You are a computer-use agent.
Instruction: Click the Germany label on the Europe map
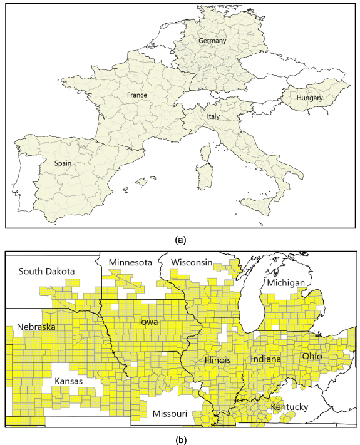(212, 41)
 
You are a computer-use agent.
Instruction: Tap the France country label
(136, 95)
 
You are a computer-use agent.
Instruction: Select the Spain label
(62, 163)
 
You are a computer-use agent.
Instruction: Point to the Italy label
(213, 116)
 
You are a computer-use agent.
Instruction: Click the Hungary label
(310, 98)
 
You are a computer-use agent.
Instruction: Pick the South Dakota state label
(46, 271)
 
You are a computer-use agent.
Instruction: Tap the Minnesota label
(130, 262)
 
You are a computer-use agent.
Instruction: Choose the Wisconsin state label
(191, 262)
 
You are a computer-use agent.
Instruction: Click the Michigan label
(285, 283)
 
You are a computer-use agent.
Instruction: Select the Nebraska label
(36, 327)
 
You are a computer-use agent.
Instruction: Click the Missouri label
(168, 414)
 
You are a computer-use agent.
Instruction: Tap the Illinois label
(217, 360)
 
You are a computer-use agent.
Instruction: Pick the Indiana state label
(265, 359)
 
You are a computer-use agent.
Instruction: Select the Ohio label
(312, 355)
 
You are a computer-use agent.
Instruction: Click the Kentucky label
(289, 407)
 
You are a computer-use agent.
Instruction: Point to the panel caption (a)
(180, 238)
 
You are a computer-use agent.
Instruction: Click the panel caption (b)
(180, 438)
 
